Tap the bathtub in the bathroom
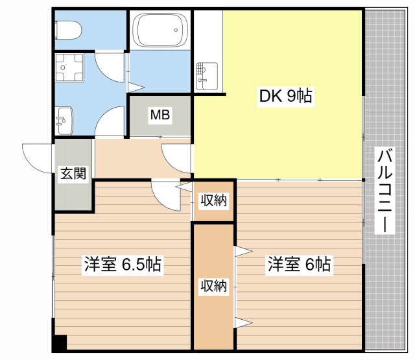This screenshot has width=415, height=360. pyautogui.click(x=161, y=30)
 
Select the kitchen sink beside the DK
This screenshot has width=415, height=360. pyautogui.click(x=207, y=75)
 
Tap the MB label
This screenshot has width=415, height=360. pyautogui.click(x=160, y=116)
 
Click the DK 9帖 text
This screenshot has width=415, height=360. pyautogui.click(x=286, y=97)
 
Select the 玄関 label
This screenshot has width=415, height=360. pyautogui.click(x=74, y=174)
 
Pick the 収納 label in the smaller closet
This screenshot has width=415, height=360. pyautogui.click(x=213, y=201)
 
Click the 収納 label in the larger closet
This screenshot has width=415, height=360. pyautogui.click(x=213, y=285)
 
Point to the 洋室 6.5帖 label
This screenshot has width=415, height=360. pyautogui.click(x=123, y=265)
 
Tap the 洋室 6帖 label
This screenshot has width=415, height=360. pyautogui.click(x=300, y=265)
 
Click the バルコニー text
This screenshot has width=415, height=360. pyautogui.click(x=386, y=192)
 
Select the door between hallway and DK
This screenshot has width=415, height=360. pyautogui.click(x=176, y=158)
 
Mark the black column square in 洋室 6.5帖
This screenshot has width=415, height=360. pyautogui.click(x=60, y=342)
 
